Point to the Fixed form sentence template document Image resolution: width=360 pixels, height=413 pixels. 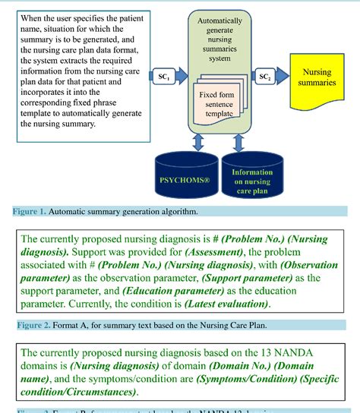(218, 107)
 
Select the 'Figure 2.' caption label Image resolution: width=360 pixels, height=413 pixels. (27, 326)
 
